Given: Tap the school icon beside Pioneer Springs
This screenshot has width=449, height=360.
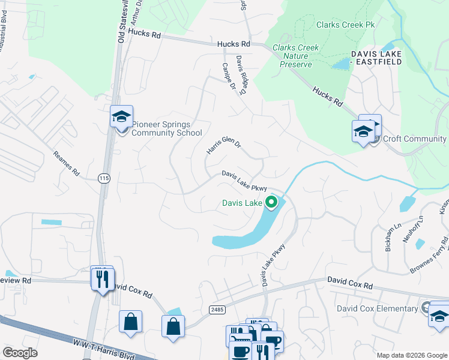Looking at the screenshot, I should point(121,116).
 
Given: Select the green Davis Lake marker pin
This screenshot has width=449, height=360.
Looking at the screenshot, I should point(272,203).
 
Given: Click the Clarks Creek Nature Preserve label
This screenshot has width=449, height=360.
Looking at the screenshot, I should point(295,56).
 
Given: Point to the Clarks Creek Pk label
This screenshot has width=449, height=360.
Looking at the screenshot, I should point(345,25).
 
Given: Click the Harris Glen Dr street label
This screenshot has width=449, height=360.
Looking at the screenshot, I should point(223,147).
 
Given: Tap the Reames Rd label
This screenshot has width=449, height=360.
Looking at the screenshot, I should point(66,163).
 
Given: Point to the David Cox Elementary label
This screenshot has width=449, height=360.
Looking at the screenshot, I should point(377,308).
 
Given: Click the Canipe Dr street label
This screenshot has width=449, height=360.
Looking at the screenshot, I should point(229,76).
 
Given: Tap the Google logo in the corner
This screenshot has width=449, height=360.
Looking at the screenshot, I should point(20,353).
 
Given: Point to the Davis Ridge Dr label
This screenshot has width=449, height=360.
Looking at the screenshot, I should point(241,76).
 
